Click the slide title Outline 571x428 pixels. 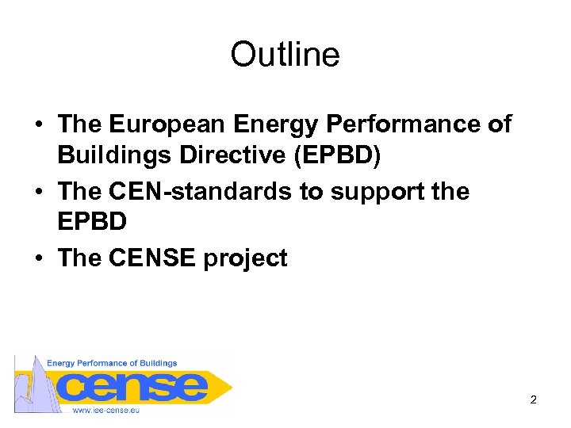(285, 55)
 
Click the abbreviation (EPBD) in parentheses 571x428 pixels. (337, 156)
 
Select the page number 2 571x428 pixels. (533, 399)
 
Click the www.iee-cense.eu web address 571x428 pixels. (105, 410)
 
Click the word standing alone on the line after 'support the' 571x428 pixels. (92, 223)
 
